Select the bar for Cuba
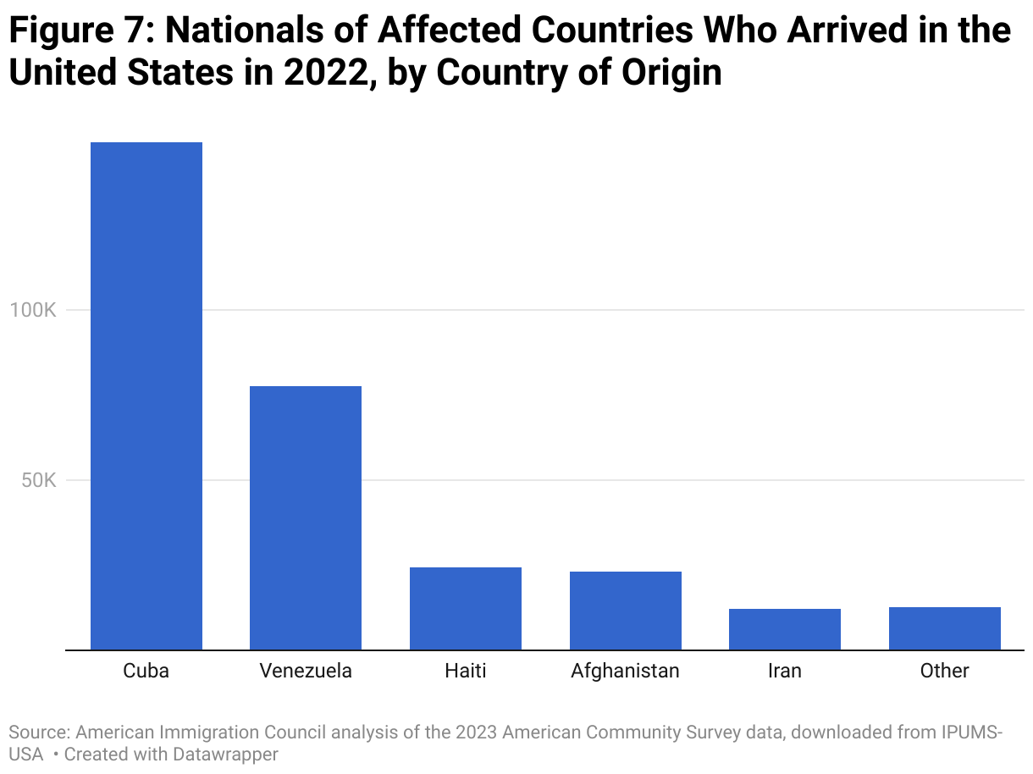click(x=146, y=395)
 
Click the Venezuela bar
click(x=306, y=517)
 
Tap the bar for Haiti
click(x=466, y=608)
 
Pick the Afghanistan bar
click(x=625, y=611)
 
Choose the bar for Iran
click(x=784, y=629)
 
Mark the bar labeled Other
click(x=944, y=628)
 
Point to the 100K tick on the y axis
click(x=33, y=310)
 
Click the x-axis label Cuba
click(x=146, y=672)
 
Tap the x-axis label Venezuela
click(x=306, y=672)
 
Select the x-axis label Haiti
click(x=466, y=672)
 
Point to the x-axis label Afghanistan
click(x=625, y=672)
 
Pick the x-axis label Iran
click(x=784, y=672)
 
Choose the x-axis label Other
click(x=944, y=672)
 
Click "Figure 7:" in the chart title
click(x=80, y=31)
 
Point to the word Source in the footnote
click(x=37, y=732)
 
